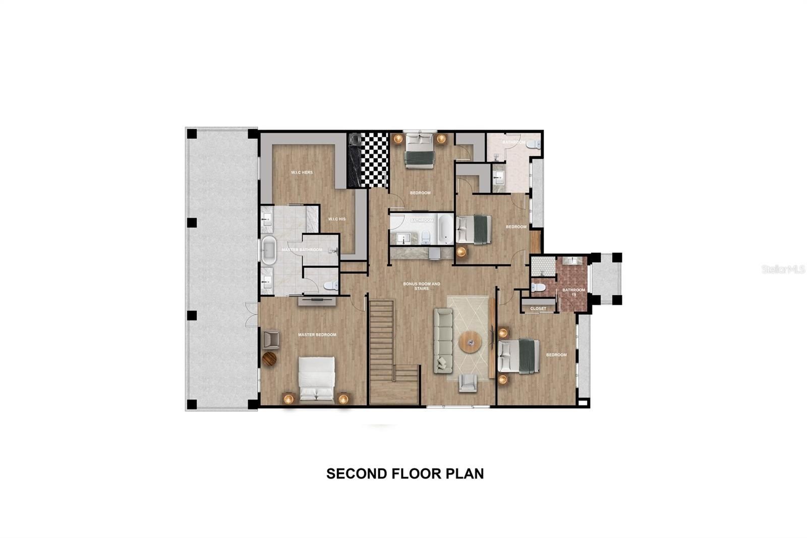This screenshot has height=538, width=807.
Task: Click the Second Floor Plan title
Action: [x=405, y=473]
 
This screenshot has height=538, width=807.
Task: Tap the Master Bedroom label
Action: [x=317, y=335]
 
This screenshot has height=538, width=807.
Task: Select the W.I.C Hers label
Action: [x=302, y=172]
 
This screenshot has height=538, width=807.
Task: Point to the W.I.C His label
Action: [x=336, y=219]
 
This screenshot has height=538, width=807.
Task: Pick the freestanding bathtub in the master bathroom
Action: [x=268, y=250]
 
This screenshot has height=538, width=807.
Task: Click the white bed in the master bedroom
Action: [x=316, y=380]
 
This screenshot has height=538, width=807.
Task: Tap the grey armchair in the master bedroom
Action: [x=271, y=339]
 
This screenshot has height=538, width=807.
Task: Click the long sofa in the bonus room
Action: [x=443, y=341]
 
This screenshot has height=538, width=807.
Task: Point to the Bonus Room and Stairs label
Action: [x=422, y=286]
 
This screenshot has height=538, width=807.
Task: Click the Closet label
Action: [x=538, y=308]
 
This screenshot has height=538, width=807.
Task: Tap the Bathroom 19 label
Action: [x=574, y=292]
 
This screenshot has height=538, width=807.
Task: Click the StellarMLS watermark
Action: [x=783, y=270]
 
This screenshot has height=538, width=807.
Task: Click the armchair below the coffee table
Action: [x=468, y=383]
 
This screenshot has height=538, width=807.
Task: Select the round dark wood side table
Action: [x=270, y=359]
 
